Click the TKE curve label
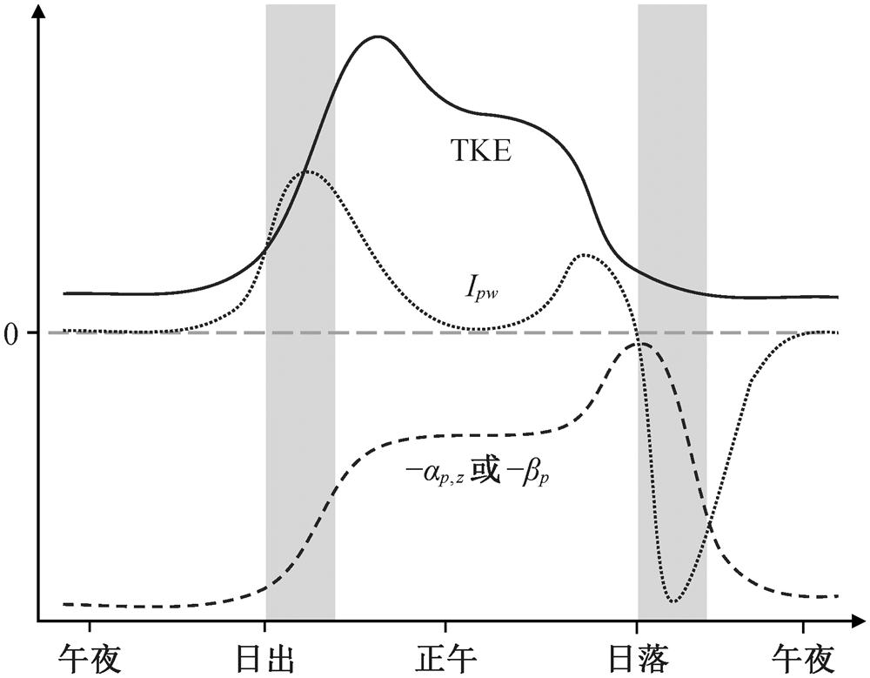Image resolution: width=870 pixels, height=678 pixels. pyautogui.click(x=484, y=153)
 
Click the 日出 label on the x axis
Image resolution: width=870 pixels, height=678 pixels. pyautogui.click(x=264, y=657)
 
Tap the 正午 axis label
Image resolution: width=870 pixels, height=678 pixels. pyautogui.click(x=446, y=657)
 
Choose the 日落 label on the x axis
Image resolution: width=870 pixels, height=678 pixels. pyautogui.click(x=637, y=657)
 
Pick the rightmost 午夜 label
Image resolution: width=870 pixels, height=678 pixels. pyautogui.click(x=804, y=657)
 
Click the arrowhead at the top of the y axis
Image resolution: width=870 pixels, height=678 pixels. pyautogui.click(x=37, y=12)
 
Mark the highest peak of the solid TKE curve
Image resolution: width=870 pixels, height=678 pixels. pyautogui.click(x=378, y=37)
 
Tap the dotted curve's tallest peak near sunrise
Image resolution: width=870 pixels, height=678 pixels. pyautogui.click(x=308, y=171)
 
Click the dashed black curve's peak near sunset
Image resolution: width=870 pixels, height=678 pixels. pyautogui.click(x=642, y=344)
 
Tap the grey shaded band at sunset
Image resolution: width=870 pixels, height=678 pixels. pyautogui.click(x=672, y=174)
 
